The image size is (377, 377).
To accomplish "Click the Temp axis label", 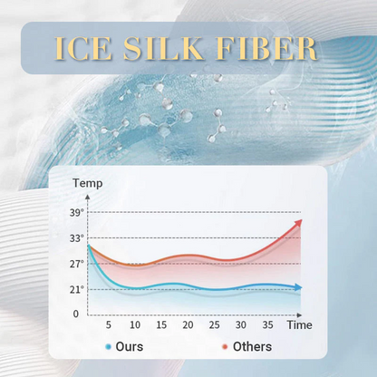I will pos(88,182).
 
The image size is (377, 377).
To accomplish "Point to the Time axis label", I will pos(300,324).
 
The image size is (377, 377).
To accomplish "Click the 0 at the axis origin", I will pos(77,314).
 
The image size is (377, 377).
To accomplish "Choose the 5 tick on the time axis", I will pos(108,324).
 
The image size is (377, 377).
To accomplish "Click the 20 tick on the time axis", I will pos(188,324).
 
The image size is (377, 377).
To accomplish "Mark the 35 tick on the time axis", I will pos(266,324).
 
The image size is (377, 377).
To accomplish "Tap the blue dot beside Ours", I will pos(109,347).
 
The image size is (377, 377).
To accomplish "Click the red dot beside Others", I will pos(224,347).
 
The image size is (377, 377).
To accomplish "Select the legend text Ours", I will pos(130,346).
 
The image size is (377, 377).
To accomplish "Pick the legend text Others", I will pos(252,346).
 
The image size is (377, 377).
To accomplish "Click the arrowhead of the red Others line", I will pos(299,223).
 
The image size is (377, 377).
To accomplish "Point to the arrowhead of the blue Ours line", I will pos(298,287).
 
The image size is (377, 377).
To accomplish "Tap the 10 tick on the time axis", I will pos(135,324).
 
